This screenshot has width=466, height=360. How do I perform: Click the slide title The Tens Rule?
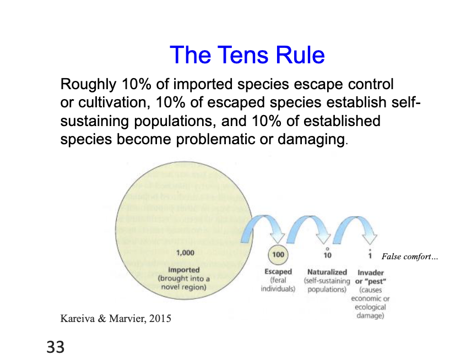click(x=247, y=55)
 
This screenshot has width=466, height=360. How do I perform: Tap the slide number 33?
click(x=56, y=347)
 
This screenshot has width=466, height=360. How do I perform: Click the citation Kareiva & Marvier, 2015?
click(x=116, y=318)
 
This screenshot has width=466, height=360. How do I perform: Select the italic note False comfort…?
click(x=409, y=257)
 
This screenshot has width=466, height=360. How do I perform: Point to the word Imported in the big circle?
click(x=184, y=270)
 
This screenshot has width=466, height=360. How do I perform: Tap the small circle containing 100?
click(x=278, y=255)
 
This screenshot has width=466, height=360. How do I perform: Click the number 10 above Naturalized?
click(x=327, y=255)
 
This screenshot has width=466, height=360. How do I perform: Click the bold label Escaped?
click(x=278, y=272)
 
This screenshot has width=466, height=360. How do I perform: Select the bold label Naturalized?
click(x=327, y=272)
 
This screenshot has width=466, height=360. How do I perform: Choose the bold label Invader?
click(x=371, y=272)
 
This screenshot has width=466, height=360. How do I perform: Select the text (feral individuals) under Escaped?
click(x=278, y=284)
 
